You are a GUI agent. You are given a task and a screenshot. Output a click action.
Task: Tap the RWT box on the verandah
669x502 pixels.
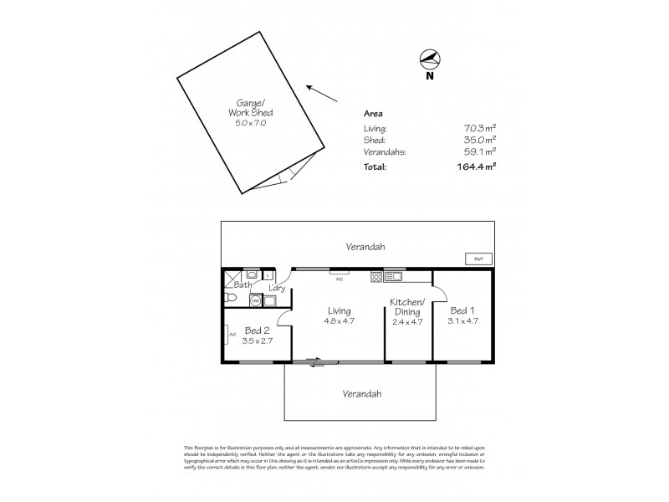click(478, 259)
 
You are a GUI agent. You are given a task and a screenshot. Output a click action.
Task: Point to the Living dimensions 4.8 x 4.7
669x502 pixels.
click(339, 320)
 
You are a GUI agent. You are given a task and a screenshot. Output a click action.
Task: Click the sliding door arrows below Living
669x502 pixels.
click(315, 362)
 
